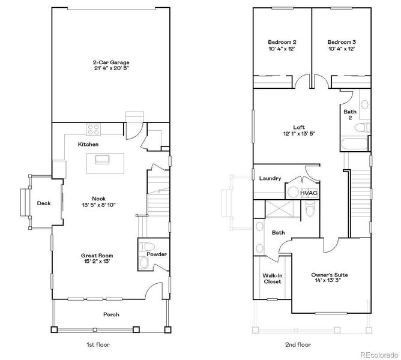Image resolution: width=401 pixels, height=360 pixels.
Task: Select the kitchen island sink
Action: click(x=100, y=159)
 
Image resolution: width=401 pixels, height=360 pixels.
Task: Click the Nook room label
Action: click(x=98, y=202)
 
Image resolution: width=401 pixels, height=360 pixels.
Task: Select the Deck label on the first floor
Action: click(x=43, y=203)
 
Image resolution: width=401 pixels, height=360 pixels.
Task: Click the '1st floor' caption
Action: click(x=98, y=345)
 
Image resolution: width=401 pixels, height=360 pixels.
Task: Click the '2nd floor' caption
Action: click(x=298, y=345)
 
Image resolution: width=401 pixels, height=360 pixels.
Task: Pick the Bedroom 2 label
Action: click(x=282, y=45)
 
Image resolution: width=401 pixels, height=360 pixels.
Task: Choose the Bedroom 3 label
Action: click(x=341, y=45)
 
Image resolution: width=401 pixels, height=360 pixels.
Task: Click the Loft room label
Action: click(x=298, y=130)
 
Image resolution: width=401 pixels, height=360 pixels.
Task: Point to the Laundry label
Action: click(x=270, y=178)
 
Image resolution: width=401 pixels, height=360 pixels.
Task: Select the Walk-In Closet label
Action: click(x=272, y=279)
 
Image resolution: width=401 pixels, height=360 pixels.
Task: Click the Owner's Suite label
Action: click(x=329, y=278)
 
